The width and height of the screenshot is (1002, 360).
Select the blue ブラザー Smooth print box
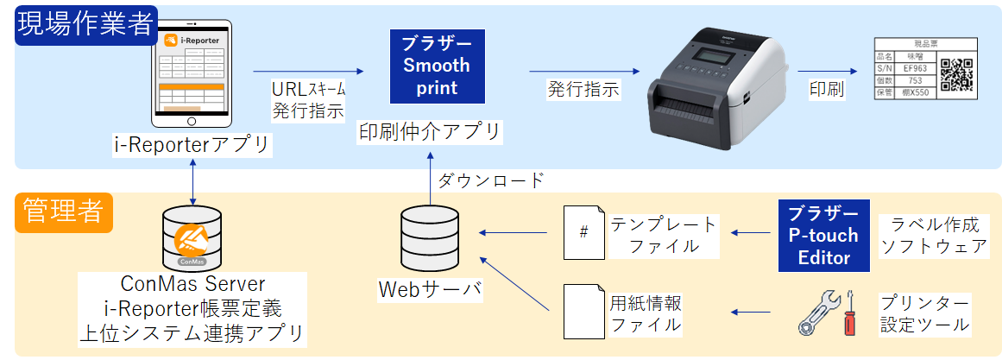[437, 66]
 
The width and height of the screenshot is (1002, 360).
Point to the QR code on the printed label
[956, 75]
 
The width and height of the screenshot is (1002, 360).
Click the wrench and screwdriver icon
[825, 313]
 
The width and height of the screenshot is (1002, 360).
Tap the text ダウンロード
[490, 180]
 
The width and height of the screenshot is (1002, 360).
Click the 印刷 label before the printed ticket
[826, 89]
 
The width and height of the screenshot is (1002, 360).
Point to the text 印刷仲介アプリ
[430, 132]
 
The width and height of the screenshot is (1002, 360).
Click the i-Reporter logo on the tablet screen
[192, 40]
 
